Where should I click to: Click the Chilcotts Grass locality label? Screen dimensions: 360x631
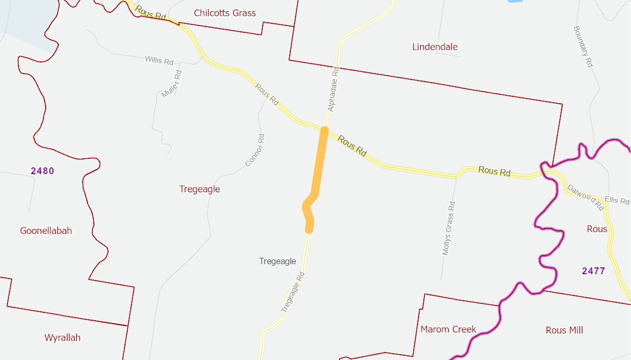(x=225, y=13)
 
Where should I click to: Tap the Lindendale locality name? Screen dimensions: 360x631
(x=435, y=47)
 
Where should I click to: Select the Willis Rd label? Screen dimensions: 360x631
(x=159, y=60)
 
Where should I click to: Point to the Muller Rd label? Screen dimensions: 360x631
(x=171, y=83)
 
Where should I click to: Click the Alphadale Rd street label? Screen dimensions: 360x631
(x=333, y=89)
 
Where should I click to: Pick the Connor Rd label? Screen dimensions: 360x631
(x=255, y=150)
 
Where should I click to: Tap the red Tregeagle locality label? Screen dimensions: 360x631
(x=200, y=189)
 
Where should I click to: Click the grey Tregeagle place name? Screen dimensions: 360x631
(x=278, y=261)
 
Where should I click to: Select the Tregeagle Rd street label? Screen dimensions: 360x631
(x=292, y=291)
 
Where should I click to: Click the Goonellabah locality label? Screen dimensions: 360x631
(x=46, y=231)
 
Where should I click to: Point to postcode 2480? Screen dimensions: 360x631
(x=42, y=171)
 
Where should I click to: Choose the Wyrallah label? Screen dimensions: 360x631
(x=63, y=337)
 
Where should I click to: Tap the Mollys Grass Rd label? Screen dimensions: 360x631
(x=449, y=228)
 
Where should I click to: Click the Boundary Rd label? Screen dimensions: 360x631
(x=583, y=47)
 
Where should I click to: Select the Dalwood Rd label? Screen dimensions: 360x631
(x=585, y=197)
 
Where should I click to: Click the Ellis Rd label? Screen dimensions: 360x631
(x=617, y=201)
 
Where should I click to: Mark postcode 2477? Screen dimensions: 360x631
(x=593, y=271)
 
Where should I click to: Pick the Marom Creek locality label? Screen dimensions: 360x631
(x=448, y=329)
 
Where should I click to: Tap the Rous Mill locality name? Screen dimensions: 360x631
(x=564, y=330)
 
